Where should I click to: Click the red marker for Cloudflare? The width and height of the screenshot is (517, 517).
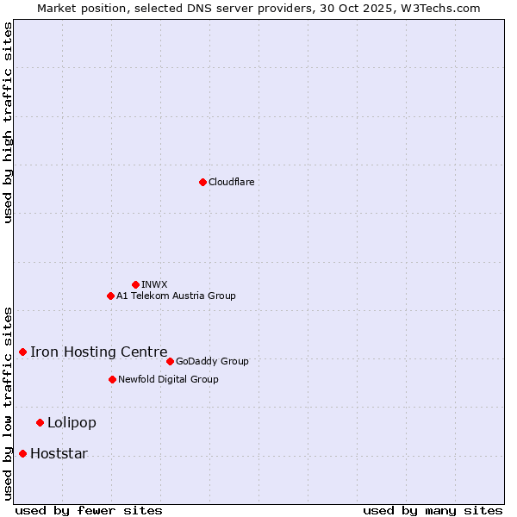click(202, 182)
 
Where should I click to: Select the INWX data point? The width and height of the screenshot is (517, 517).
click(135, 284)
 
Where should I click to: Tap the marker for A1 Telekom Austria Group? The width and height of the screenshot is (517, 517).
click(110, 296)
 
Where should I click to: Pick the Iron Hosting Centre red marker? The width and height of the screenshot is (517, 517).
click(22, 352)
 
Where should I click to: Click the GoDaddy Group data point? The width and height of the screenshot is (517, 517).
click(170, 361)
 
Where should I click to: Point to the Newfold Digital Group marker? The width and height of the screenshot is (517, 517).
click(112, 379)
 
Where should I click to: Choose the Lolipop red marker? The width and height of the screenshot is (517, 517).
click(40, 422)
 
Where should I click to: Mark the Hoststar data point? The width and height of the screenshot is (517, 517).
click(22, 453)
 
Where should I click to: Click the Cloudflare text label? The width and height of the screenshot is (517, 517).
click(231, 182)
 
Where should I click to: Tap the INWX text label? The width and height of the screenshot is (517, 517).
click(154, 284)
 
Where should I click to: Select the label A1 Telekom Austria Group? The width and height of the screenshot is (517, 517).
click(176, 296)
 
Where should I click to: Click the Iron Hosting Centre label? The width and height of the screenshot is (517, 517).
click(98, 352)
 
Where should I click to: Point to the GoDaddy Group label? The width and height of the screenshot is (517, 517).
click(212, 361)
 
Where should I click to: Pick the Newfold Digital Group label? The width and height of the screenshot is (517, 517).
click(168, 379)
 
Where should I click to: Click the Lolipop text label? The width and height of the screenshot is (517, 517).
click(72, 422)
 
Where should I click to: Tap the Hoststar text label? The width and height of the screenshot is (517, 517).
click(59, 453)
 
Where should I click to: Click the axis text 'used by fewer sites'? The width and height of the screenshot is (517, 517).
click(89, 510)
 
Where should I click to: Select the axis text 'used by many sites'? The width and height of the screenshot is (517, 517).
click(433, 510)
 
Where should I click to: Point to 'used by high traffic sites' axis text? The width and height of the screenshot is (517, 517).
click(8, 122)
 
